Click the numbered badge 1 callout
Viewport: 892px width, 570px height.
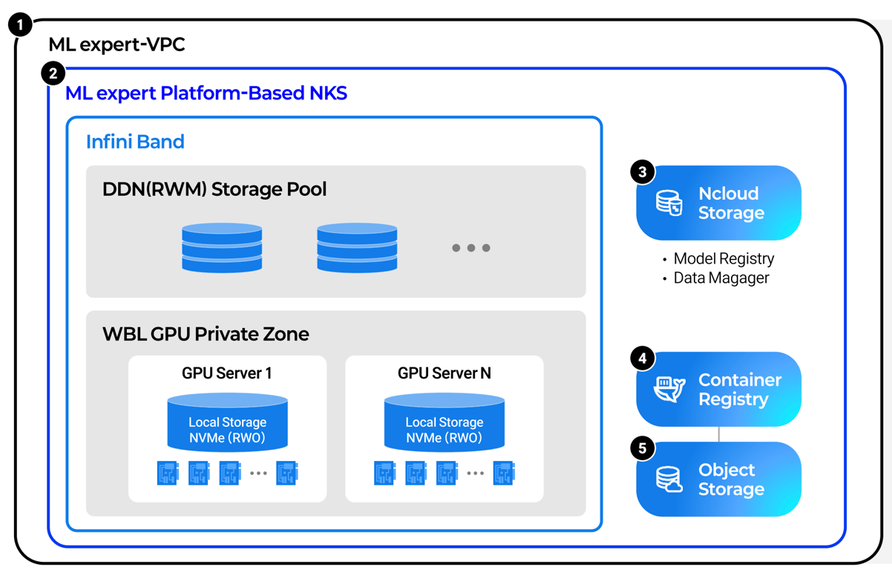click(20, 24)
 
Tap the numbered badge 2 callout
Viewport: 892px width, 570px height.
click(53, 73)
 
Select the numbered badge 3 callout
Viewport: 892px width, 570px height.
click(643, 172)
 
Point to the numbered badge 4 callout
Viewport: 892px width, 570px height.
click(643, 358)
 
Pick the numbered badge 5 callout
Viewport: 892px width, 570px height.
click(643, 448)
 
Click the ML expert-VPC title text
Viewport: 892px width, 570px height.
click(117, 45)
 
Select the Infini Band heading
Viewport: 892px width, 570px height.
click(135, 142)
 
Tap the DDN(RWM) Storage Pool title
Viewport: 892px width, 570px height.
click(214, 189)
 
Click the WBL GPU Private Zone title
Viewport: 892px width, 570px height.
click(206, 334)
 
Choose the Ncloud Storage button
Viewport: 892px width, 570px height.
click(718, 203)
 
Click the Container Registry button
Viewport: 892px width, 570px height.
click(718, 390)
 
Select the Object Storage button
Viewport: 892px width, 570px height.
click(718, 479)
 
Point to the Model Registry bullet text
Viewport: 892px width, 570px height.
click(724, 259)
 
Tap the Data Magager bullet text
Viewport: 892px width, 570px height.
click(721, 278)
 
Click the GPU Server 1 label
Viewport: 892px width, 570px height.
click(227, 373)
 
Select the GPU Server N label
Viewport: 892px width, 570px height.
click(444, 373)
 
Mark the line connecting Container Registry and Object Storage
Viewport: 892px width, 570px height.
click(718, 434)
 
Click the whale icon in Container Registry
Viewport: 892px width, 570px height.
click(669, 390)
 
